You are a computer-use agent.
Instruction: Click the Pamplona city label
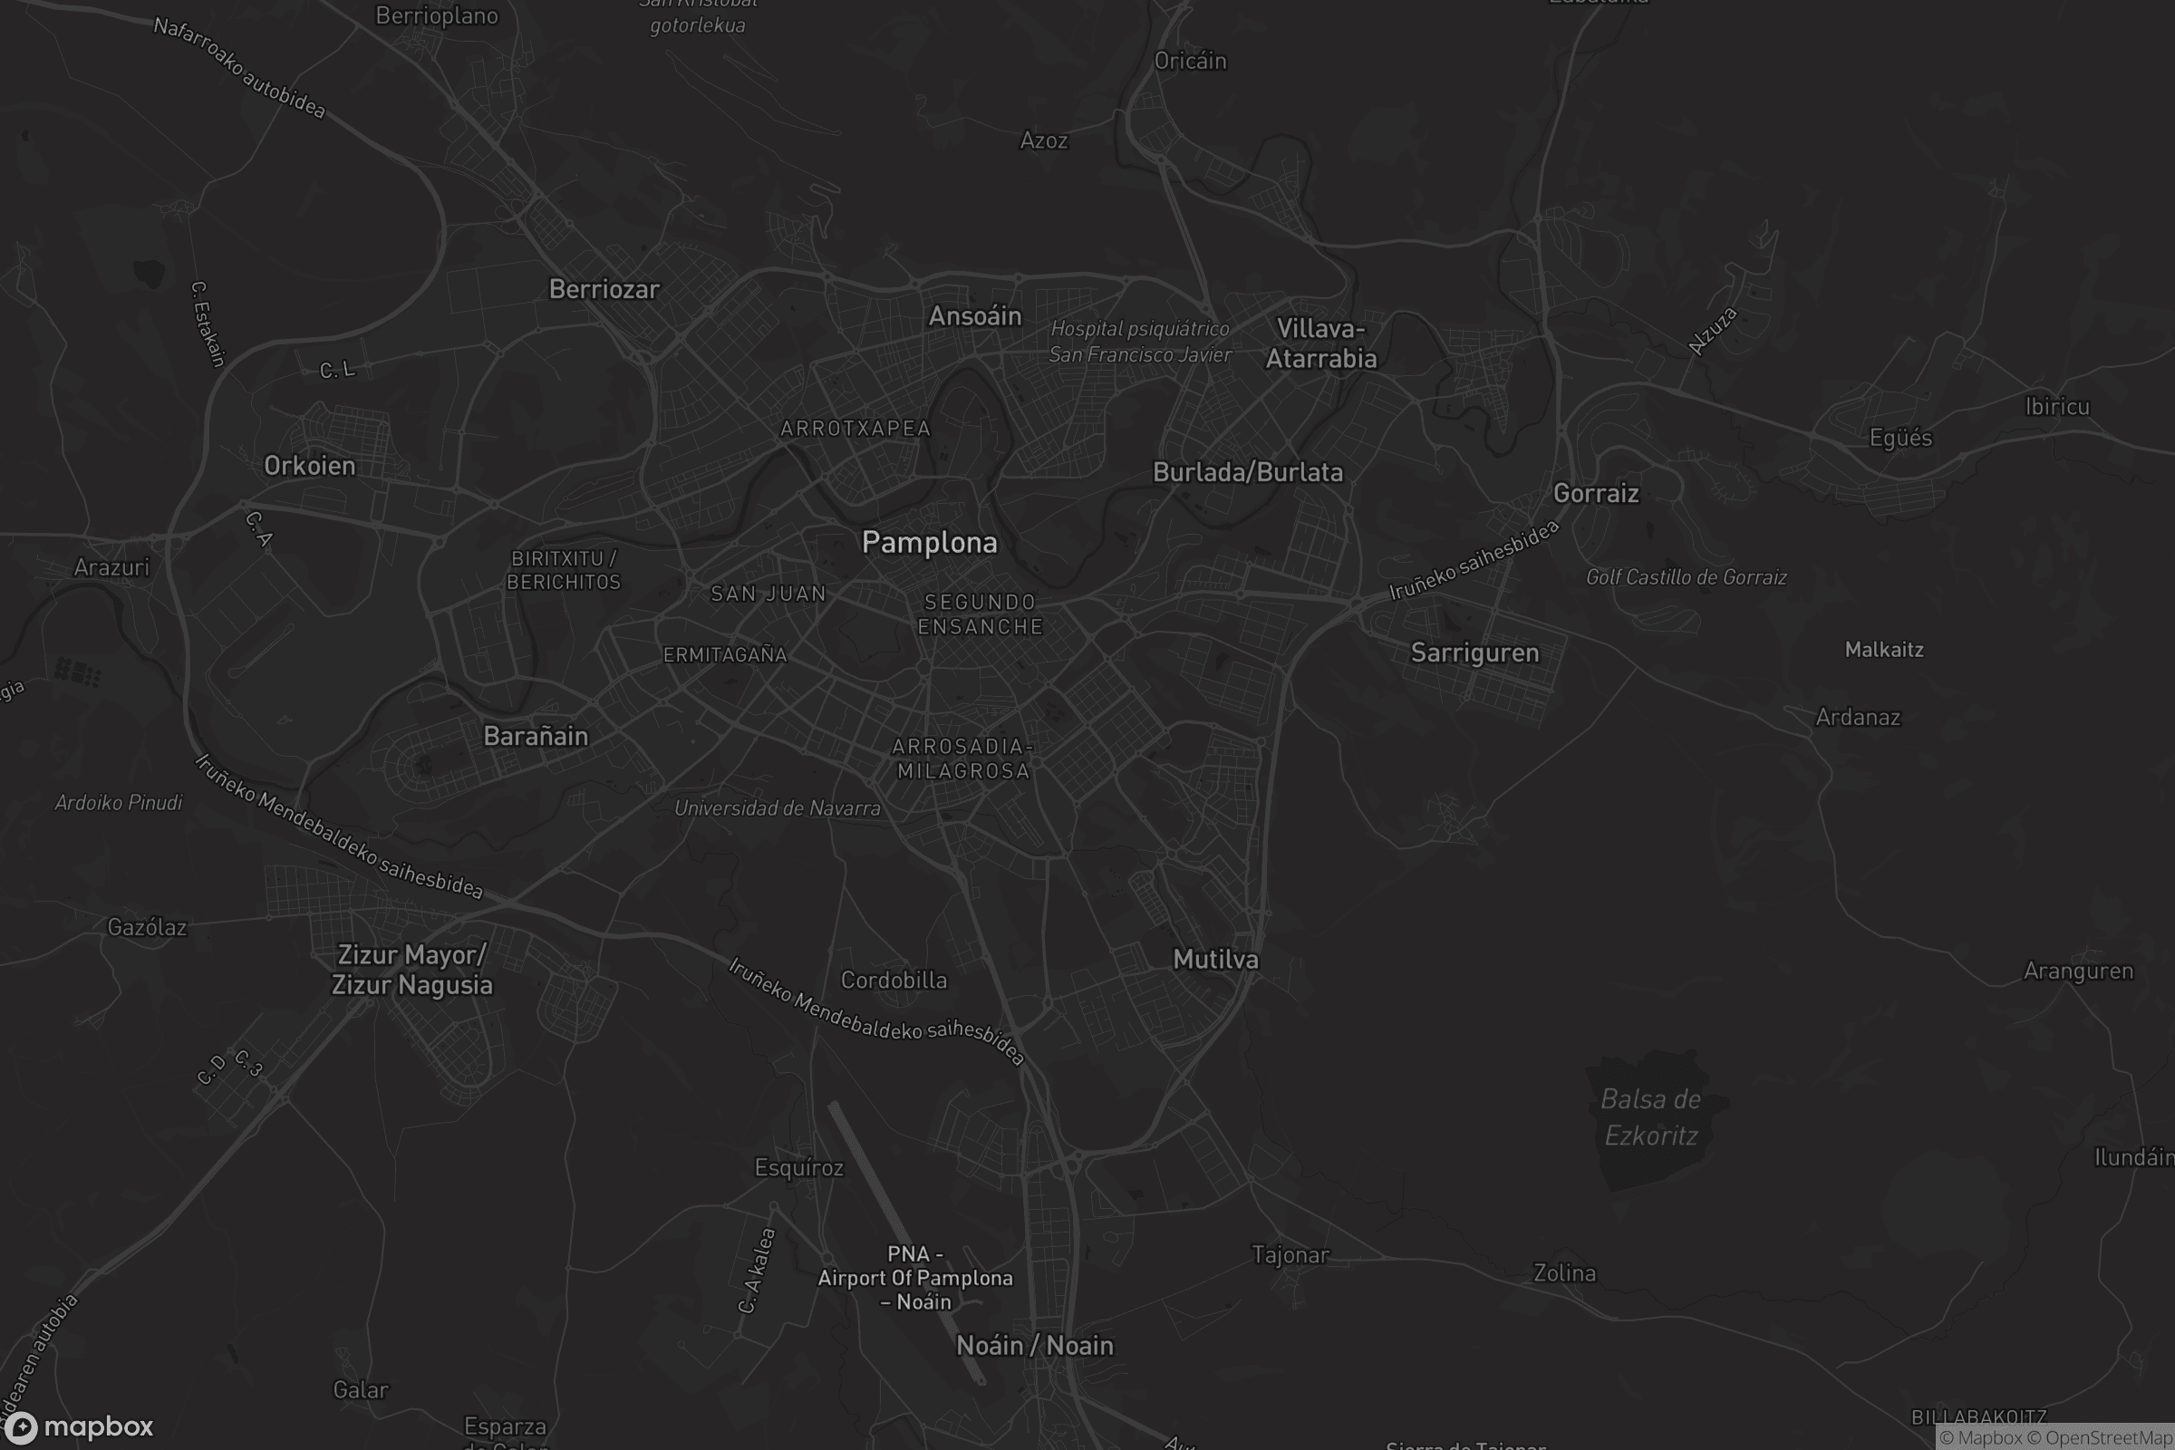pos(930,543)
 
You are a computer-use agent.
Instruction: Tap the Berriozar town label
pos(604,289)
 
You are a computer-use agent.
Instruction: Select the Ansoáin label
pos(975,316)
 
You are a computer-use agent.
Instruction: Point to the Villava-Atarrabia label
pos(1320,344)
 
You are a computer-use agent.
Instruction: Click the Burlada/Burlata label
pos(1248,472)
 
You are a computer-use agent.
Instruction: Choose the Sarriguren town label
pos(1475,652)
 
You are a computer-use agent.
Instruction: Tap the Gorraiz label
pos(1596,494)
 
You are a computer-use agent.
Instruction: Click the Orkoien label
pos(310,466)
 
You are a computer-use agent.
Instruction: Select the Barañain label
pos(536,737)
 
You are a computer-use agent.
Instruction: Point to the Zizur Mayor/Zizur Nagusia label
pos(411,970)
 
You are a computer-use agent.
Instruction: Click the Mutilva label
pos(1215,960)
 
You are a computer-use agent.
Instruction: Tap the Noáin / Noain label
pos(1035,1346)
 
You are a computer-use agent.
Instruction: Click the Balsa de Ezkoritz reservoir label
pos(1650,1117)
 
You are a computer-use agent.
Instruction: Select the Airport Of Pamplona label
pos(914,1278)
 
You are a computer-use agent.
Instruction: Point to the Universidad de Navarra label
pos(777,808)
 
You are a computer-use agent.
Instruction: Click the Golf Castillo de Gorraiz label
pos(1686,578)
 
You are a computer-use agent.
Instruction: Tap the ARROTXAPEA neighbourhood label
pos(855,429)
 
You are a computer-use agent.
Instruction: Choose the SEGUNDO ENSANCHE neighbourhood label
pos(981,615)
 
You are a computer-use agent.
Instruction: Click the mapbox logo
pos(78,1426)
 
